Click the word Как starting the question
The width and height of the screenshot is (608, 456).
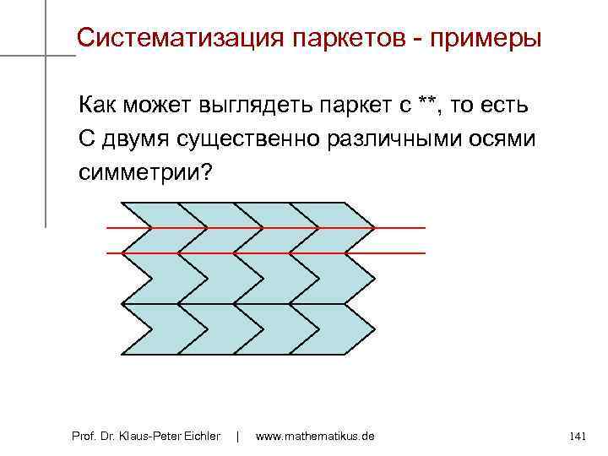(x=100, y=106)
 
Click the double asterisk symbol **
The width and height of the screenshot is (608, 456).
(x=427, y=104)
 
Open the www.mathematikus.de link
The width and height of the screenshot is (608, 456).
(x=314, y=436)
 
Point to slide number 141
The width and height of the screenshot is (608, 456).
(x=578, y=436)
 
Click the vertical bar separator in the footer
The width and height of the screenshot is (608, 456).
(x=238, y=436)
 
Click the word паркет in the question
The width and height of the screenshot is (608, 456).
(x=356, y=106)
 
